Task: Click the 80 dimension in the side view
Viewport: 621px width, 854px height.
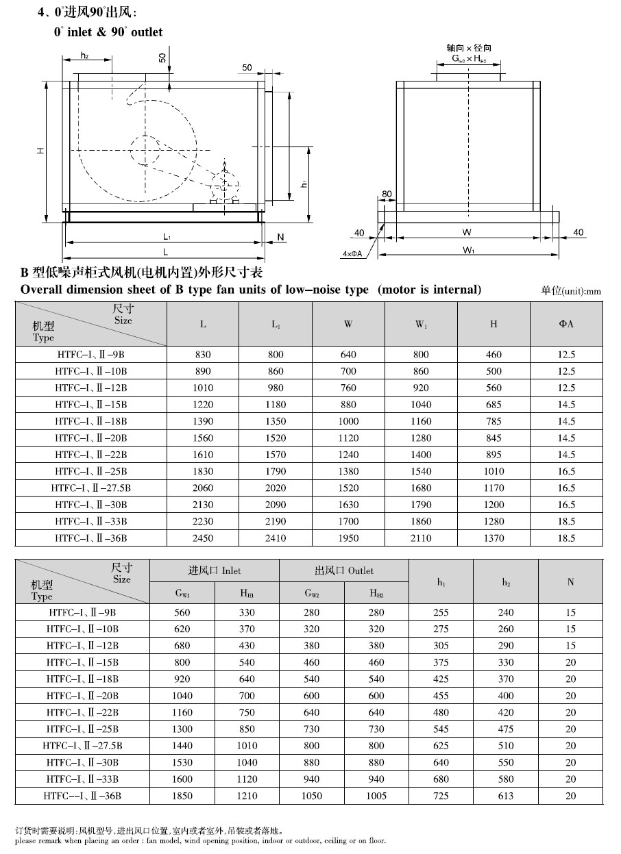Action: pos(387,194)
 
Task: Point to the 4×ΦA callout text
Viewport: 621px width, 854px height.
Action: pos(352,253)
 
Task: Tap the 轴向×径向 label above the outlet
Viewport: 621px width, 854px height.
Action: pos(469,48)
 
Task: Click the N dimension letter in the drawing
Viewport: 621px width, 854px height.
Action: pos(280,238)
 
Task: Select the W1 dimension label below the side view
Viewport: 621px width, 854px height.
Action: pos(469,251)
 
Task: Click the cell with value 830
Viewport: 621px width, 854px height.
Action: pos(203,355)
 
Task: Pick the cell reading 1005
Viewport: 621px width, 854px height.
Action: pos(376,796)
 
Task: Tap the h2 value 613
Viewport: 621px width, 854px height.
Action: pos(505,796)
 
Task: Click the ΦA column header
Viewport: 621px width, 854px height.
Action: pos(566,324)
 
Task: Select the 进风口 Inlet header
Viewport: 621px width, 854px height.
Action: pos(215,570)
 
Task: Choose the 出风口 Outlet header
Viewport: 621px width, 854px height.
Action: pos(344,570)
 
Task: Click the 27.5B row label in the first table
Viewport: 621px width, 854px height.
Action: pos(90,488)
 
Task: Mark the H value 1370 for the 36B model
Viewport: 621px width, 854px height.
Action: pos(494,538)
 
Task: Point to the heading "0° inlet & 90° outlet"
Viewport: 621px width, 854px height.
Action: pos(108,32)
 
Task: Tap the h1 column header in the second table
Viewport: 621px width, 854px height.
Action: pos(441,582)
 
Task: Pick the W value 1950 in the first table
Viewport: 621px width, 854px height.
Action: pos(348,538)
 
